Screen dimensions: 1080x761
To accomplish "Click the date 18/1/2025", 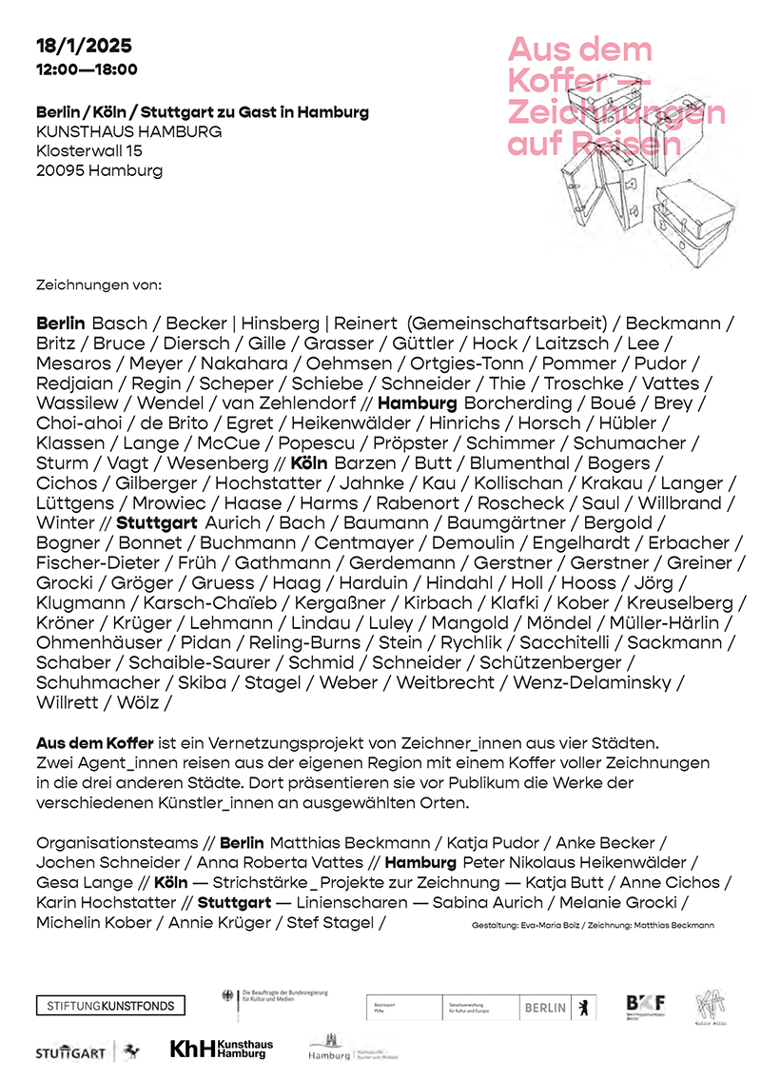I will [84, 45].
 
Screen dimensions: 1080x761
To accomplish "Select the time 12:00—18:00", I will [87, 69].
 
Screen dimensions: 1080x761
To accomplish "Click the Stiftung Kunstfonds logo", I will [110, 1006].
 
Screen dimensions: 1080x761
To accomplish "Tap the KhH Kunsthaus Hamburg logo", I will [222, 1049].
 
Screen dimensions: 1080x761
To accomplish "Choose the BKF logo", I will [645, 1005].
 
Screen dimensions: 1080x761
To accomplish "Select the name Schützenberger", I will [552, 662].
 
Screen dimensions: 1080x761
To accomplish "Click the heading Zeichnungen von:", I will [99, 285].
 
